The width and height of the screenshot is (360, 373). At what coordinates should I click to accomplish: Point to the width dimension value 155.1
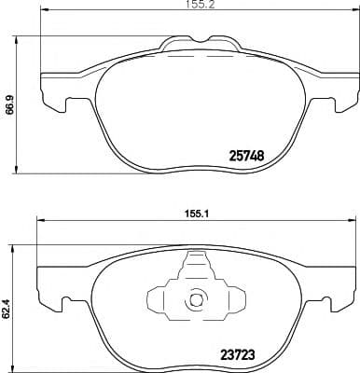tap(195, 213)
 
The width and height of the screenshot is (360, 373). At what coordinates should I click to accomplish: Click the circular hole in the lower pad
tap(196, 300)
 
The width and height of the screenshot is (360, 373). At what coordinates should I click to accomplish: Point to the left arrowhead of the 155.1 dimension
tap(39, 220)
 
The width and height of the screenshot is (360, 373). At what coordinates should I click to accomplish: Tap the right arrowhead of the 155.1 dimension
tap(352, 220)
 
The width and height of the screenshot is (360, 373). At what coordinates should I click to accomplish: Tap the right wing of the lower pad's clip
tap(232, 300)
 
